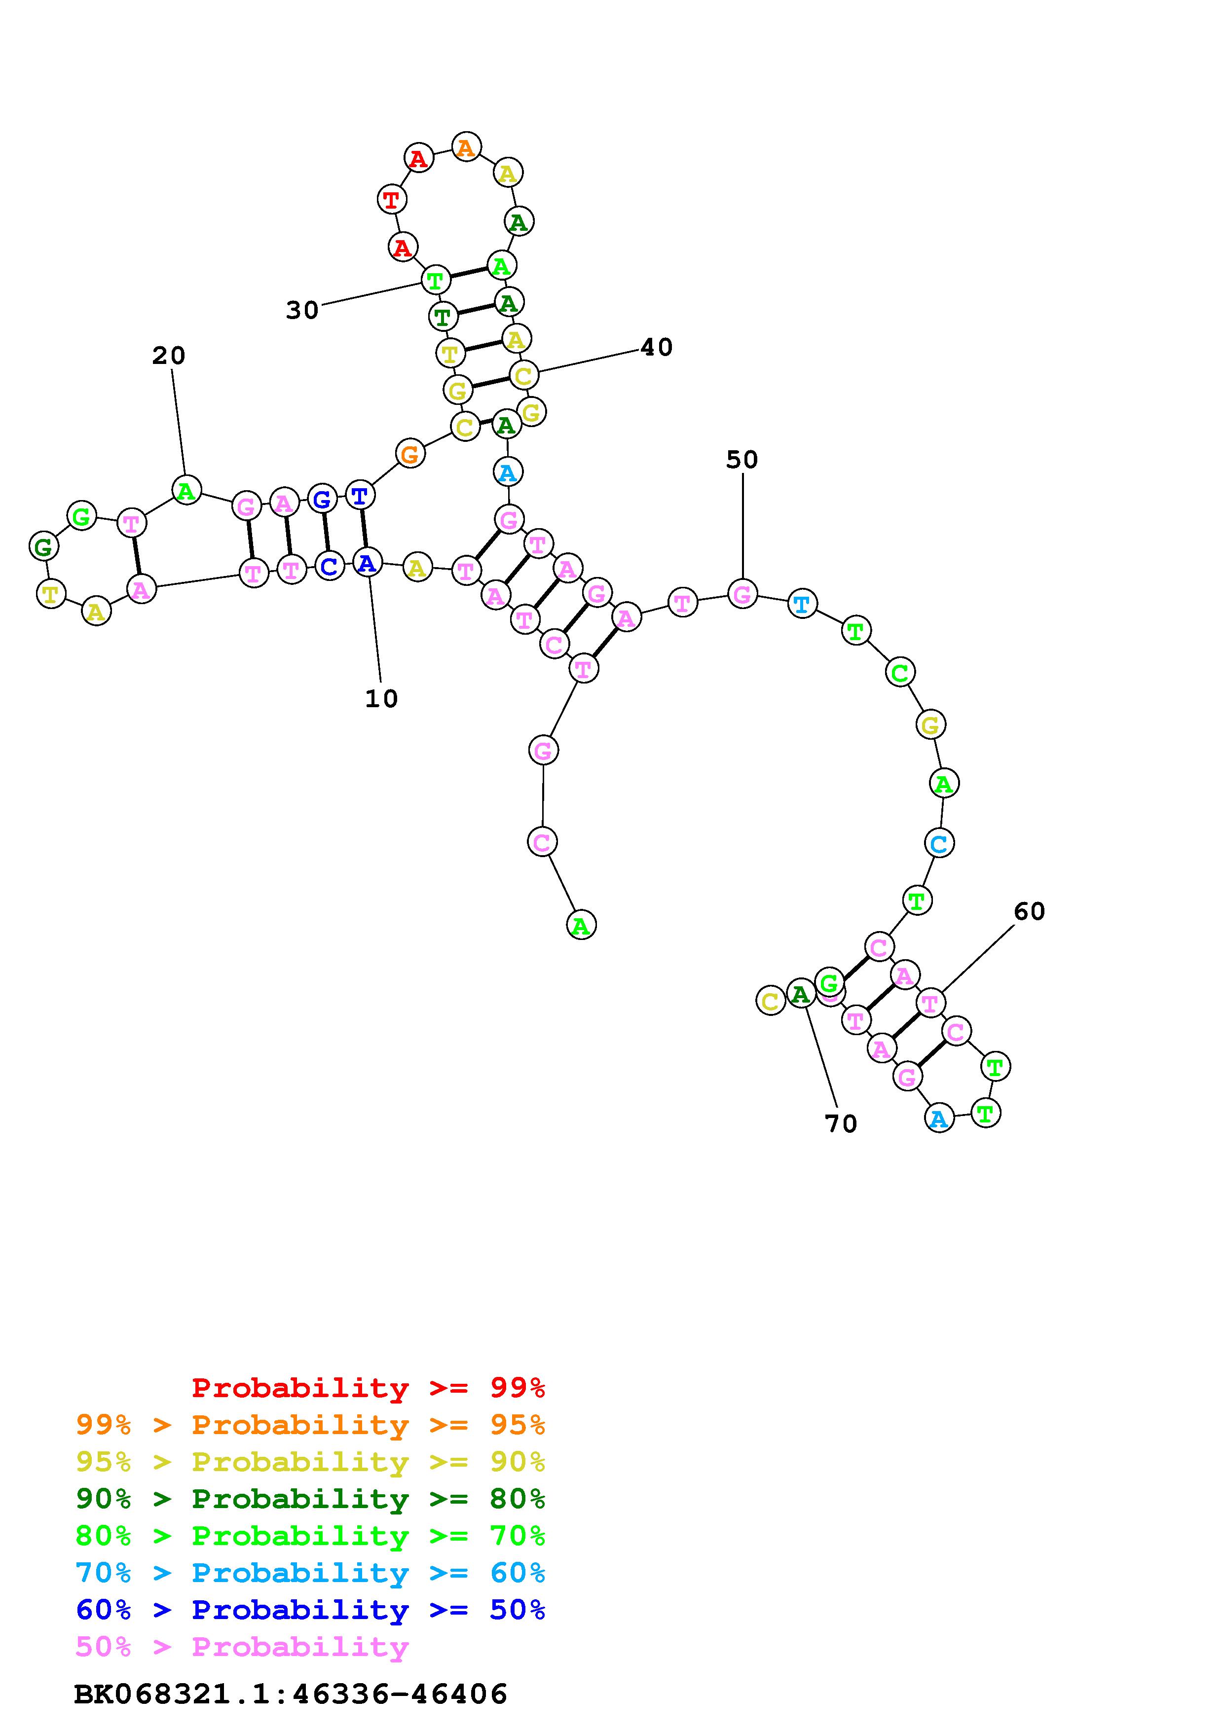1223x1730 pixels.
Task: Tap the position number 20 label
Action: click(x=169, y=355)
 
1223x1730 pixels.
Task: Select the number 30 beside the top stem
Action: click(x=302, y=310)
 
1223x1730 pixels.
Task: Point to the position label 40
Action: click(x=656, y=347)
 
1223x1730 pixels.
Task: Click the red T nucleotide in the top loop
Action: click(x=391, y=200)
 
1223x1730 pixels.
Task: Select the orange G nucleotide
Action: click(x=410, y=454)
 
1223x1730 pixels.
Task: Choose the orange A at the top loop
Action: click(x=466, y=147)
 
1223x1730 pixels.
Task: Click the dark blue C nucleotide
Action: click(x=329, y=566)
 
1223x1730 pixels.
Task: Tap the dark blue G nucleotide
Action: click(x=323, y=498)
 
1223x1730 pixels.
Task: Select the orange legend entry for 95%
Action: click(x=310, y=1425)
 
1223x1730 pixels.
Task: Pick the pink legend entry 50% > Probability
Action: click(x=243, y=1646)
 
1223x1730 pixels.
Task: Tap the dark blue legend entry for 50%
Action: click(x=310, y=1610)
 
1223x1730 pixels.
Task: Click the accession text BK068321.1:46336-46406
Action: click(x=291, y=1694)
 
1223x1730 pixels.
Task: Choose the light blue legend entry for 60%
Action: click(x=310, y=1573)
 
